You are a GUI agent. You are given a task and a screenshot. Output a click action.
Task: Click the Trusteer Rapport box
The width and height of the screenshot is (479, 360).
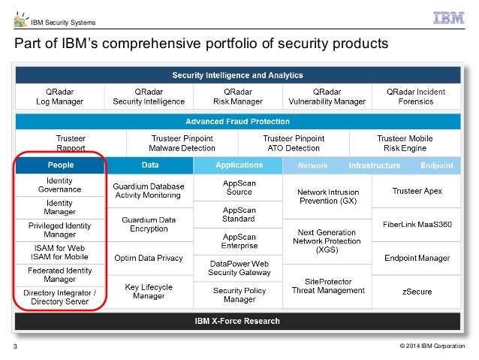pos(71,143)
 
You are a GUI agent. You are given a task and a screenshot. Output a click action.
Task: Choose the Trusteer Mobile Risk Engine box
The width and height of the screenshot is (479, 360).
pos(404,143)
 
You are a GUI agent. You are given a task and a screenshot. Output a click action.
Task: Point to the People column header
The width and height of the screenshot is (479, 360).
pos(61,165)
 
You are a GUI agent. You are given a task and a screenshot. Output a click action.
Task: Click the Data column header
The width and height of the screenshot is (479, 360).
pos(149,165)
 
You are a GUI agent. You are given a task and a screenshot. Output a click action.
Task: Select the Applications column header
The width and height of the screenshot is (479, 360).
pos(239,165)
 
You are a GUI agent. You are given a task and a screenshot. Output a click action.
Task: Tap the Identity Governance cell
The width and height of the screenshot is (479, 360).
pos(60,185)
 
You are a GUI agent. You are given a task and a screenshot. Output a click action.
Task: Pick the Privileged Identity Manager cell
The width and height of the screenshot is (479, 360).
pos(60,230)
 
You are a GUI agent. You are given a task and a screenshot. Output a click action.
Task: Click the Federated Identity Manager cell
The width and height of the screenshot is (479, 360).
pos(60,274)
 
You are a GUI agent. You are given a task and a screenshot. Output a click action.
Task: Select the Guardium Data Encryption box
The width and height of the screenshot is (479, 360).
pos(149,225)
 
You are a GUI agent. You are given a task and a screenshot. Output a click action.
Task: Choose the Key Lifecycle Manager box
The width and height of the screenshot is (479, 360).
pos(149,291)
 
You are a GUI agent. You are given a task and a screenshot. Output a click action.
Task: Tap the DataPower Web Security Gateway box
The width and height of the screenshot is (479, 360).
pos(239,267)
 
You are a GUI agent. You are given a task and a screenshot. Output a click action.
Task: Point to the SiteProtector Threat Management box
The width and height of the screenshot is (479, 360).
pos(327,286)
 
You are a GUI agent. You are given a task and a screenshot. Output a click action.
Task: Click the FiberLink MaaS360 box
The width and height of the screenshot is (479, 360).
pos(417,225)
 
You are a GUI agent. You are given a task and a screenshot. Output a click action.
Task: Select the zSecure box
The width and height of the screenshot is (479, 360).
pos(417,291)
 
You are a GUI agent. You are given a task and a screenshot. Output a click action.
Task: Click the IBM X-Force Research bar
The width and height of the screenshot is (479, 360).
pos(237,322)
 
